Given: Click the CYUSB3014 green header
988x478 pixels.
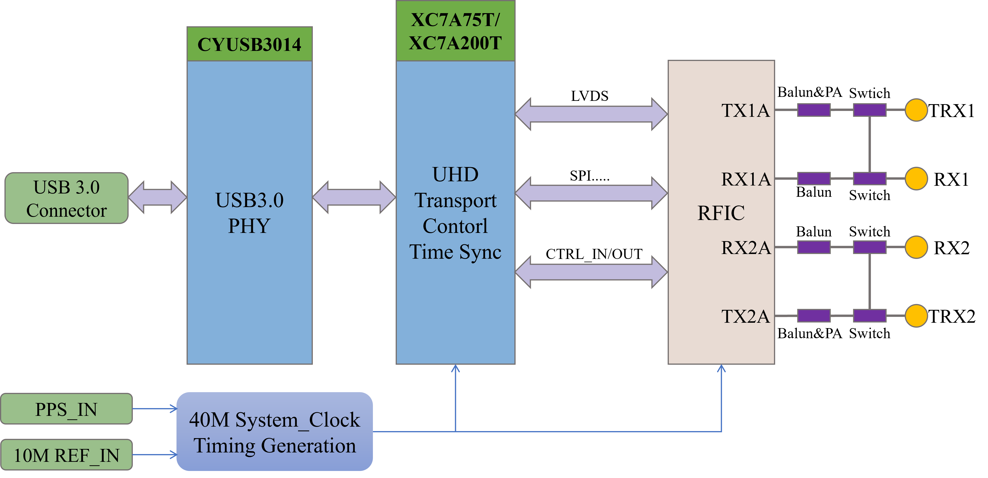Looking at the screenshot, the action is [250, 44].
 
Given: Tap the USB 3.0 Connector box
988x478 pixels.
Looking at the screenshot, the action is [66, 198].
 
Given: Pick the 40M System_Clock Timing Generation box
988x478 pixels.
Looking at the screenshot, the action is [275, 432].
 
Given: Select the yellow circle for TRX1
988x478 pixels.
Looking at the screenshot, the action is [916, 110].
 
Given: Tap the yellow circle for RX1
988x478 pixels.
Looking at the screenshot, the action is [916, 179].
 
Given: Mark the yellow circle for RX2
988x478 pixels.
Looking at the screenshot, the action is [916, 247].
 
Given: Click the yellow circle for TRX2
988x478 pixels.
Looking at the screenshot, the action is [916, 316].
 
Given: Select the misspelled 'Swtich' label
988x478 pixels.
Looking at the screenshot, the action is [869, 93].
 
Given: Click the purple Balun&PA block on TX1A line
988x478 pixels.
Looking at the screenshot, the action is [814, 110].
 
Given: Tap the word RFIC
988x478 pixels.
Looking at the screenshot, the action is [721, 213].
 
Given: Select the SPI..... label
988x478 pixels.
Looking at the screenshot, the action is [590, 176].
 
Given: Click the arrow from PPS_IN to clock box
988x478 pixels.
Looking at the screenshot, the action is [155, 409].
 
